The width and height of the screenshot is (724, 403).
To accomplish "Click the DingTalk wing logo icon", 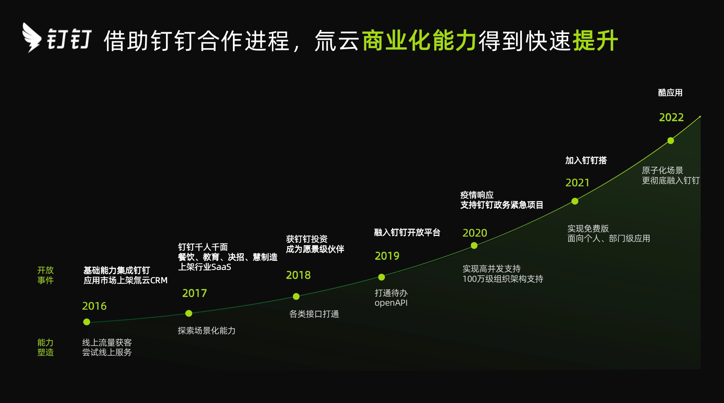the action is pyautogui.click(x=32, y=38).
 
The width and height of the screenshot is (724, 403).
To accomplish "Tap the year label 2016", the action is pyautogui.click(x=94, y=306).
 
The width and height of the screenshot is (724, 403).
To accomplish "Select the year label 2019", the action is pyautogui.click(x=387, y=256).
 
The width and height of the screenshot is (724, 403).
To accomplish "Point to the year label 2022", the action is pyautogui.click(x=671, y=118).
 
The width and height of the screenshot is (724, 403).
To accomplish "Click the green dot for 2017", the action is pyautogui.click(x=189, y=313).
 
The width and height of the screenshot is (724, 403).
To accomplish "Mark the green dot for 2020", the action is pyautogui.click(x=474, y=246).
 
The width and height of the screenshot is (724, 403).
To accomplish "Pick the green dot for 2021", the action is pyautogui.click(x=575, y=201).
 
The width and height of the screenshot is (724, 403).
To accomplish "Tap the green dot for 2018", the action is pyautogui.click(x=296, y=297).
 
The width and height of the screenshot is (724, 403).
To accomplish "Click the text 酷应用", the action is pyautogui.click(x=670, y=93).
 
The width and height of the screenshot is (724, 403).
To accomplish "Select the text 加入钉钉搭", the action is pyautogui.click(x=586, y=161).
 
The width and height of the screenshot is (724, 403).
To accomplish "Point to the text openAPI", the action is pyautogui.click(x=391, y=303).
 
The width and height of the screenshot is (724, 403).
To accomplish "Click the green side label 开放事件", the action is pyautogui.click(x=46, y=275).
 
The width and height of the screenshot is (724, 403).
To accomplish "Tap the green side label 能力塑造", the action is pyautogui.click(x=46, y=347).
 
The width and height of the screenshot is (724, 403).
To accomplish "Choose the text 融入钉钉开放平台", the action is pyautogui.click(x=407, y=233).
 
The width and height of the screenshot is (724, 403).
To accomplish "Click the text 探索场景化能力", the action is pyautogui.click(x=206, y=331).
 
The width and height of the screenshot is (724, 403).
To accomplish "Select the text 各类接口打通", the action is pyautogui.click(x=314, y=314).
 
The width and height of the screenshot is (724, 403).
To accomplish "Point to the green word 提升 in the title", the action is pyautogui.click(x=595, y=41).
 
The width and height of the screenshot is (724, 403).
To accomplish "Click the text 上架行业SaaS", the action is pyautogui.click(x=204, y=267).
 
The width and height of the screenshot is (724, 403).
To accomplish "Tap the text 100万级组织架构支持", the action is pyautogui.click(x=503, y=279).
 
